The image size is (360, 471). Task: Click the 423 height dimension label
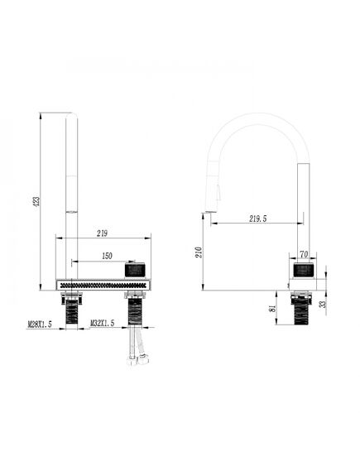point(36,201)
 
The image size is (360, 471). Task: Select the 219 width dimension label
point(102,233)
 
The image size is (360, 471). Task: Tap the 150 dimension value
point(108,256)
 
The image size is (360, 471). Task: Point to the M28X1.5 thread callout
point(40,324)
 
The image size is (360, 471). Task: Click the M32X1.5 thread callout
point(103,323)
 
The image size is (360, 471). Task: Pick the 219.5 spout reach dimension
point(258,219)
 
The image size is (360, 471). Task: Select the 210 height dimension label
point(199,252)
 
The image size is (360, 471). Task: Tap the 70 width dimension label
point(304,254)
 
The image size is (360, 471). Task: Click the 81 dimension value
point(273,309)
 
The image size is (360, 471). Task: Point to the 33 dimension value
point(323,304)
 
